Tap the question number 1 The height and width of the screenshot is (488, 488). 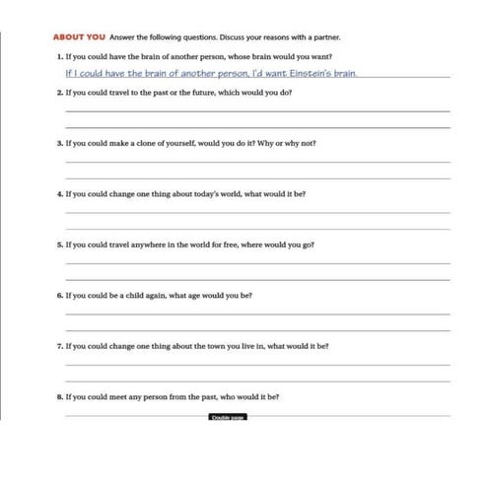(x=59, y=57)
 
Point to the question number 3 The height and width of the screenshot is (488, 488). (x=59, y=143)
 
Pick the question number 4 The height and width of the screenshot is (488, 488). (x=59, y=194)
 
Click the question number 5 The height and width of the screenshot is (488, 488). (x=59, y=244)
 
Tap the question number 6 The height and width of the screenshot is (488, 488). (x=59, y=296)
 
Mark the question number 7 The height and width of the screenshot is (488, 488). (x=59, y=347)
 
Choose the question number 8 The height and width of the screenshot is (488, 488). (x=59, y=397)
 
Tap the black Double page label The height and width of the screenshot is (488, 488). (x=227, y=417)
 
